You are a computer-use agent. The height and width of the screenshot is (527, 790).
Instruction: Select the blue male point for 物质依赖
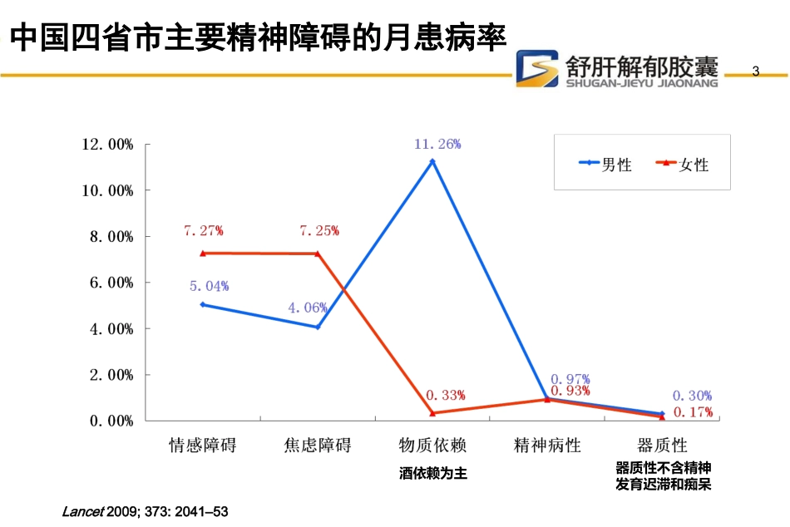click(432, 161)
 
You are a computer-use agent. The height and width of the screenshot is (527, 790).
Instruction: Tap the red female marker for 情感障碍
click(202, 253)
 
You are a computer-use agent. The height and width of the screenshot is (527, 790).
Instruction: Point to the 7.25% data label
click(318, 230)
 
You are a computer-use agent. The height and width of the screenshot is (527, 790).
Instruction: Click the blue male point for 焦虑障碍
click(318, 327)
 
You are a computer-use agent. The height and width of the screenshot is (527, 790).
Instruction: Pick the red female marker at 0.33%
click(432, 413)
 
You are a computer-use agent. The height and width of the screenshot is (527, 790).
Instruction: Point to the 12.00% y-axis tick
click(108, 145)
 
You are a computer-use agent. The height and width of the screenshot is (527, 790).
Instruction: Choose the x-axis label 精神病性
click(547, 445)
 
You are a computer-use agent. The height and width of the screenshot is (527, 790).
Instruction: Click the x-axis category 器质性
click(663, 445)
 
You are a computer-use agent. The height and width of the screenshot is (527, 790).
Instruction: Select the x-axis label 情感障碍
click(202, 445)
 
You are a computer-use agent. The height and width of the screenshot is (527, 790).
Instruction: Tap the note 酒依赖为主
click(432, 473)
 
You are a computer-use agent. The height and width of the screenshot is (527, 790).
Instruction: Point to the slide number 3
click(756, 71)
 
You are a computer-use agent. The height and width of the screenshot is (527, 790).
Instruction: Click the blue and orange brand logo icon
click(536, 68)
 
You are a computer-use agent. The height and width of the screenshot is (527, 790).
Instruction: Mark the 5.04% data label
click(209, 286)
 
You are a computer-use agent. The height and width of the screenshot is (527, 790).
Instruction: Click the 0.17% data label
click(692, 411)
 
